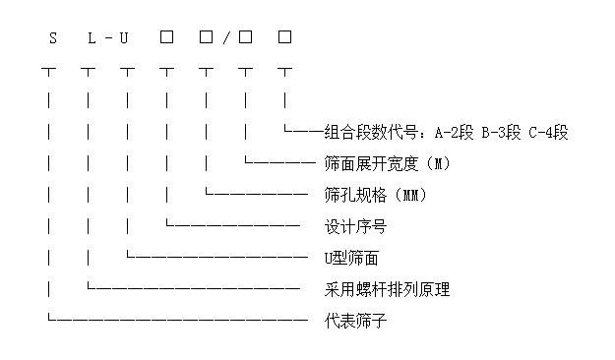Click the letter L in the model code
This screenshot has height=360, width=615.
(92, 38)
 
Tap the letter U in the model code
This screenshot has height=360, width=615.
(126, 38)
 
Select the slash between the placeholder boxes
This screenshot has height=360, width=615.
(225, 38)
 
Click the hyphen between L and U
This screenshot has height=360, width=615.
(108, 38)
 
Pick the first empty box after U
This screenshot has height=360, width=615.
(166, 37)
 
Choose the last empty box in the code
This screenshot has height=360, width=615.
(284, 37)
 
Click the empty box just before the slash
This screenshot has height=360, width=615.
(206, 37)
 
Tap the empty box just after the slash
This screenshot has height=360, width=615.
(245, 37)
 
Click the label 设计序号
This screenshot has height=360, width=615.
(355, 226)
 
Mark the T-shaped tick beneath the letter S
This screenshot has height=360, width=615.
(49, 71)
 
